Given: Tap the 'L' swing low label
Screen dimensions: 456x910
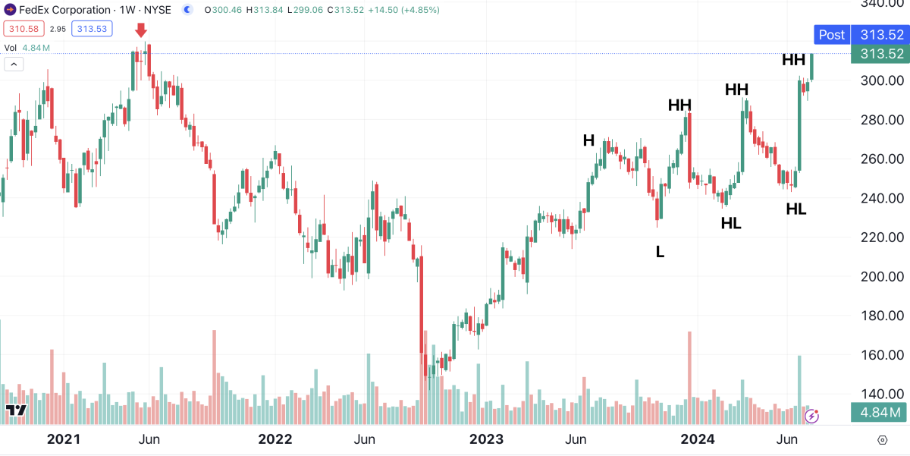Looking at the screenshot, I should [x=660, y=252].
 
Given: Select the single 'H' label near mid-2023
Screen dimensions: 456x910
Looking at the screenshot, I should [x=588, y=140].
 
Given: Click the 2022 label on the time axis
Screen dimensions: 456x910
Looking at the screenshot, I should [x=275, y=439].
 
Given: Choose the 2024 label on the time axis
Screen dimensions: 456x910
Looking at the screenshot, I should [x=697, y=439].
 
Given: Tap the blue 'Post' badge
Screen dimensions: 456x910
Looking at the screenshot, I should [x=831, y=34].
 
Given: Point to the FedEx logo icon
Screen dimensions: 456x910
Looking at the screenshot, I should [x=9, y=10].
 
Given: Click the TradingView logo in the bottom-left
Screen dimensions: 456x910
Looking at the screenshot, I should [x=16, y=410].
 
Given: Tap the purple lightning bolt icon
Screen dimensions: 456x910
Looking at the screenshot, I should [x=811, y=415].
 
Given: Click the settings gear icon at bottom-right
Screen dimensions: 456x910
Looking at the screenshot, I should [x=882, y=440].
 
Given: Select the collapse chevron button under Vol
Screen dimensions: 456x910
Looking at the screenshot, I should [x=14, y=64].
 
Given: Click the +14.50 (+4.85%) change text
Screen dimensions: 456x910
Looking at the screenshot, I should [x=402, y=10].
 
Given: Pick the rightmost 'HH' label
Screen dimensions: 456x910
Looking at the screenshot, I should [x=793, y=60].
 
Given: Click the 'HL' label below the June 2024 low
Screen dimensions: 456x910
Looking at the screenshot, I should [x=796, y=209].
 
